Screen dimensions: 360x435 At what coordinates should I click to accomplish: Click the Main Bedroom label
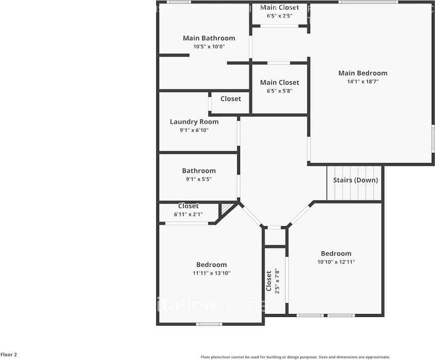point(363,73)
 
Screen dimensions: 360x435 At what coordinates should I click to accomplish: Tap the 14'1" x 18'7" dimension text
point(363,82)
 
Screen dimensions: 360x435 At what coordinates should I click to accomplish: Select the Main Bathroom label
point(209,38)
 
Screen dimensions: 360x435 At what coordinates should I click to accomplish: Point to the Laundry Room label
point(194,122)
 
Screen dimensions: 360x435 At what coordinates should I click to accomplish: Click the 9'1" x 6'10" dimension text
point(194,130)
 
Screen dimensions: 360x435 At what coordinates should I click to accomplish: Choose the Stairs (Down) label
point(355,180)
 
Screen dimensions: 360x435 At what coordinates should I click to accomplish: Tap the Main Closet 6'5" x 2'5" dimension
point(280,16)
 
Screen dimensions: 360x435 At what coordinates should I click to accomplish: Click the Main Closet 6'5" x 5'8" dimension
point(280,91)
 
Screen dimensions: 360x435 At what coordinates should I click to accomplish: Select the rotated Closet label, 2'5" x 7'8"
point(269,281)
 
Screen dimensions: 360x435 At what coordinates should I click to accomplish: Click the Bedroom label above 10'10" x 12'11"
point(336,253)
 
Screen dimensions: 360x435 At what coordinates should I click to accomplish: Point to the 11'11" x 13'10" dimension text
point(212,273)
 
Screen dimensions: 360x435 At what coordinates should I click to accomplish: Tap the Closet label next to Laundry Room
point(231,99)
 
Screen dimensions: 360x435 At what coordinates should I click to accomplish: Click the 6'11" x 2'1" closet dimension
point(188,214)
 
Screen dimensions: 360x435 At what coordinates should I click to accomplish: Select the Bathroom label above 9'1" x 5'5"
point(199,171)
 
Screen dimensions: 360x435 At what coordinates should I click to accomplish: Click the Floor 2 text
point(9,355)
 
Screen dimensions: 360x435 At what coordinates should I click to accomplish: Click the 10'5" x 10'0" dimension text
point(209,47)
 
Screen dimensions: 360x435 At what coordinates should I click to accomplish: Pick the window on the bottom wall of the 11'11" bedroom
point(209,324)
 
